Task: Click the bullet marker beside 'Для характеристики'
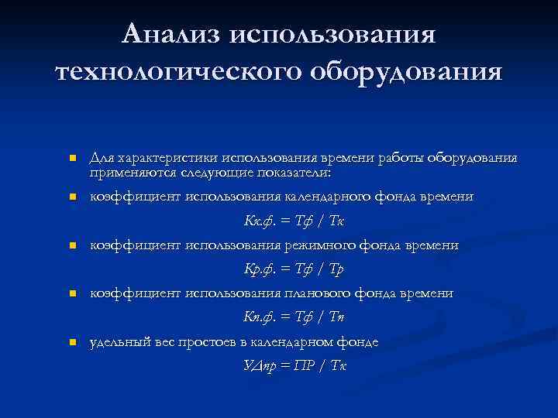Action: click(71, 159)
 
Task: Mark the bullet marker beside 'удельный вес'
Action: click(71, 342)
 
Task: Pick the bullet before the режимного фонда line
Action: click(71, 246)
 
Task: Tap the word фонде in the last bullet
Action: click(359, 341)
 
